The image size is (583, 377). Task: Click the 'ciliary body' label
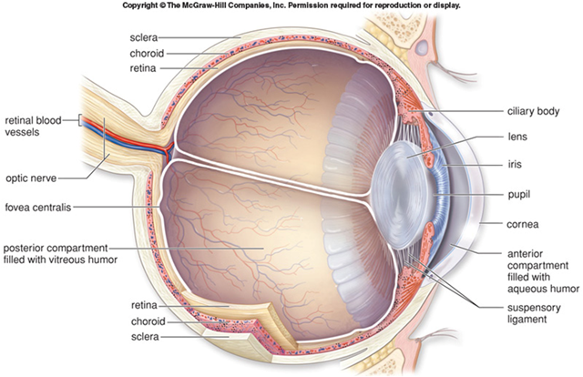533,111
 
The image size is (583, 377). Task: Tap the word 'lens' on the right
517,137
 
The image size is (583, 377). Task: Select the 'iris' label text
515,164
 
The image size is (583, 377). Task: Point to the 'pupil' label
519,195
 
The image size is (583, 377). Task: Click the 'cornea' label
522,225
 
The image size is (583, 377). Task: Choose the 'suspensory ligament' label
534,313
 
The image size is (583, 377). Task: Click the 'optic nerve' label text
31,178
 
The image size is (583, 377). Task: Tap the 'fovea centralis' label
38,207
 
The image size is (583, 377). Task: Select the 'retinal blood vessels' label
33,126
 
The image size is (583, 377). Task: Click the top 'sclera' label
144,37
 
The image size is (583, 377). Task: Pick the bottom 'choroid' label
148,321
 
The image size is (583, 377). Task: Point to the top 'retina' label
143,68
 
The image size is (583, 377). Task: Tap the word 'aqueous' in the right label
525,289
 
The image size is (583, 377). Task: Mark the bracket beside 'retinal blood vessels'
79,121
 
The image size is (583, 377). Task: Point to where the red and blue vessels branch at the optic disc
168,149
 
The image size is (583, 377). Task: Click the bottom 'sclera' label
145,337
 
